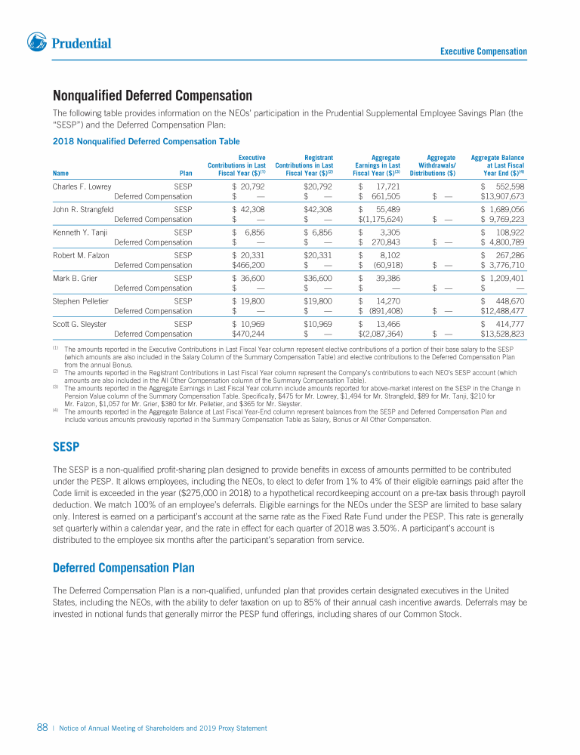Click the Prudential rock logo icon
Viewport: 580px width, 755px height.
[37, 42]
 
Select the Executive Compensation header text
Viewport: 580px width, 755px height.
[483, 51]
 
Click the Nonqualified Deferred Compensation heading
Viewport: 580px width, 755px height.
[153, 96]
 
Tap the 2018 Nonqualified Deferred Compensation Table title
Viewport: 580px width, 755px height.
[147, 141]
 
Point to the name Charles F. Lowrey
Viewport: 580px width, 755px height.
[82, 186]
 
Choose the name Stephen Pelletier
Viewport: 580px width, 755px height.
[81, 300]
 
